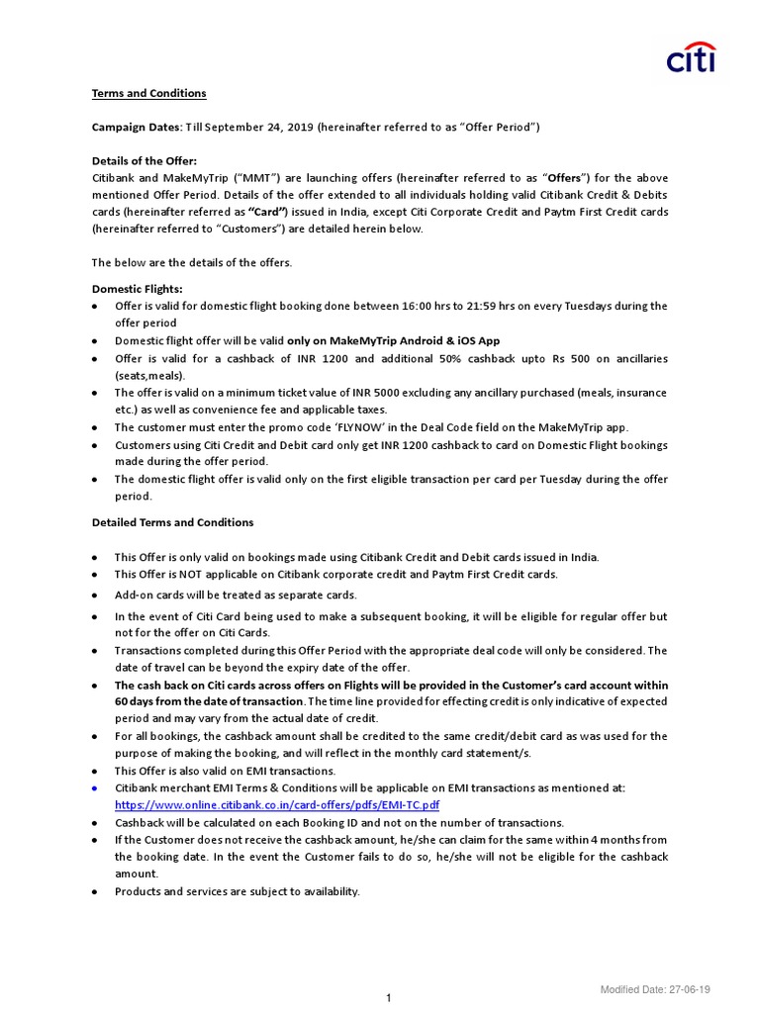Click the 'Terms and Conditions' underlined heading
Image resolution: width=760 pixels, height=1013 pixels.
(149, 93)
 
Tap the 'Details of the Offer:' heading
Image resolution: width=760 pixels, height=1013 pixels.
(144, 161)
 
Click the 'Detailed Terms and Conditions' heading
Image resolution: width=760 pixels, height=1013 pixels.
(173, 522)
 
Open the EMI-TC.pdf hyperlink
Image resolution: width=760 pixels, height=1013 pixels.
(277, 805)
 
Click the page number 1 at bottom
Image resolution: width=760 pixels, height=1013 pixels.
(389, 998)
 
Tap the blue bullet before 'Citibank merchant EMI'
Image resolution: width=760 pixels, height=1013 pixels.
(94, 788)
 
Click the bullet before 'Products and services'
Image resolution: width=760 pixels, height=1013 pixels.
(94, 892)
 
